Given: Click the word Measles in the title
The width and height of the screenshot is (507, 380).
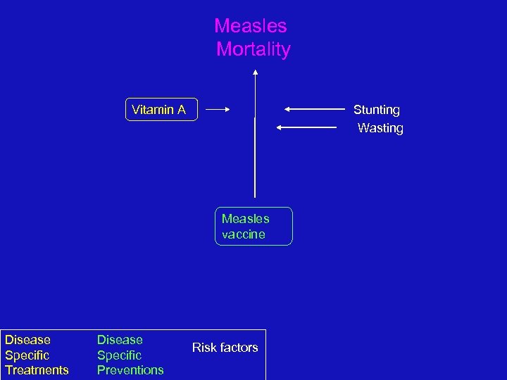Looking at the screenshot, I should (251, 26).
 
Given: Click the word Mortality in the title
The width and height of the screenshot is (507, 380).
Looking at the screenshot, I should (254, 49).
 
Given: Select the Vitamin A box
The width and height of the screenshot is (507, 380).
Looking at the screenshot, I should (161, 109).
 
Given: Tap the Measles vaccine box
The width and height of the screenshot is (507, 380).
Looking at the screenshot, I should (254, 226).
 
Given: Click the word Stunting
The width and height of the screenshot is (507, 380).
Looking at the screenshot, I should (377, 110).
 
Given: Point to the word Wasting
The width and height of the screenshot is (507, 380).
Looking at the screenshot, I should (380, 128).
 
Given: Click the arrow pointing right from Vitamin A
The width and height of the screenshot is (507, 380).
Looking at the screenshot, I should (218, 109).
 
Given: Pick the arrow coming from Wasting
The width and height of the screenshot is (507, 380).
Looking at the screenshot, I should (307, 127).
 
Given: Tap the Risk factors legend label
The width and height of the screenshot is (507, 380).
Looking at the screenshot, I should (225, 347).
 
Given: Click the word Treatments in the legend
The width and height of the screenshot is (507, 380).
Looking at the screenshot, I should (37, 370).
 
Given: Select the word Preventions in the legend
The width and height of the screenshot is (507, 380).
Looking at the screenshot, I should (130, 370).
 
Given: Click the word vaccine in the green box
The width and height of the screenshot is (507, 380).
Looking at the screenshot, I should (244, 234).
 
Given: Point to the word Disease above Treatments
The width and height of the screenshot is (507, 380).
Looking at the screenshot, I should (27, 340).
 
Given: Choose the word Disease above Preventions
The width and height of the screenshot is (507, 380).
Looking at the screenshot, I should (120, 340).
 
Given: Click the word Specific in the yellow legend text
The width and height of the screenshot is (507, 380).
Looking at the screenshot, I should (27, 355).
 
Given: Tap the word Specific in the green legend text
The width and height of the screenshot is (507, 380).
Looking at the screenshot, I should (119, 355).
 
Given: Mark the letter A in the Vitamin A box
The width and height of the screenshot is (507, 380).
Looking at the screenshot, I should (181, 109).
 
